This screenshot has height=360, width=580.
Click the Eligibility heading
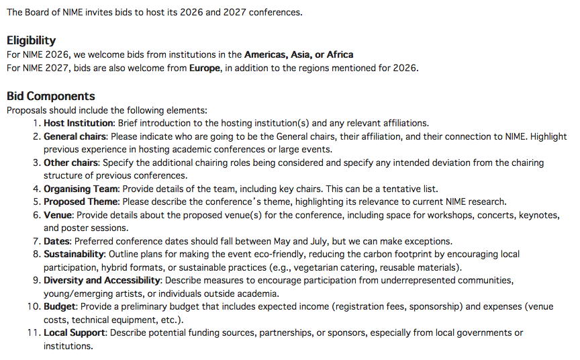tap(31, 40)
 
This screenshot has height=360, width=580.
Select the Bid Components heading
tap(50, 96)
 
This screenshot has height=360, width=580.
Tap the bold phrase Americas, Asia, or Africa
tap(299, 54)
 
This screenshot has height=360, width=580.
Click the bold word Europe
tap(204, 68)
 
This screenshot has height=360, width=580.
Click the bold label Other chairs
tap(71, 163)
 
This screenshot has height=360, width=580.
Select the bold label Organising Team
tap(81, 189)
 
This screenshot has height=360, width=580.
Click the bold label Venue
tap(57, 215)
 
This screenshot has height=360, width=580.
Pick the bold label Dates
tap(57, 241)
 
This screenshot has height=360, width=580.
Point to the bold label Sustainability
tap(74, 255)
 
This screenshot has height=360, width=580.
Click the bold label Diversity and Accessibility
tap(102, 280)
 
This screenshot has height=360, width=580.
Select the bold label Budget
tap(60, 306)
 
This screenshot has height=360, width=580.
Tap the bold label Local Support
tap(75, 332)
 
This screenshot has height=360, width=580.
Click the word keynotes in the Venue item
tap(536, 215)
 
